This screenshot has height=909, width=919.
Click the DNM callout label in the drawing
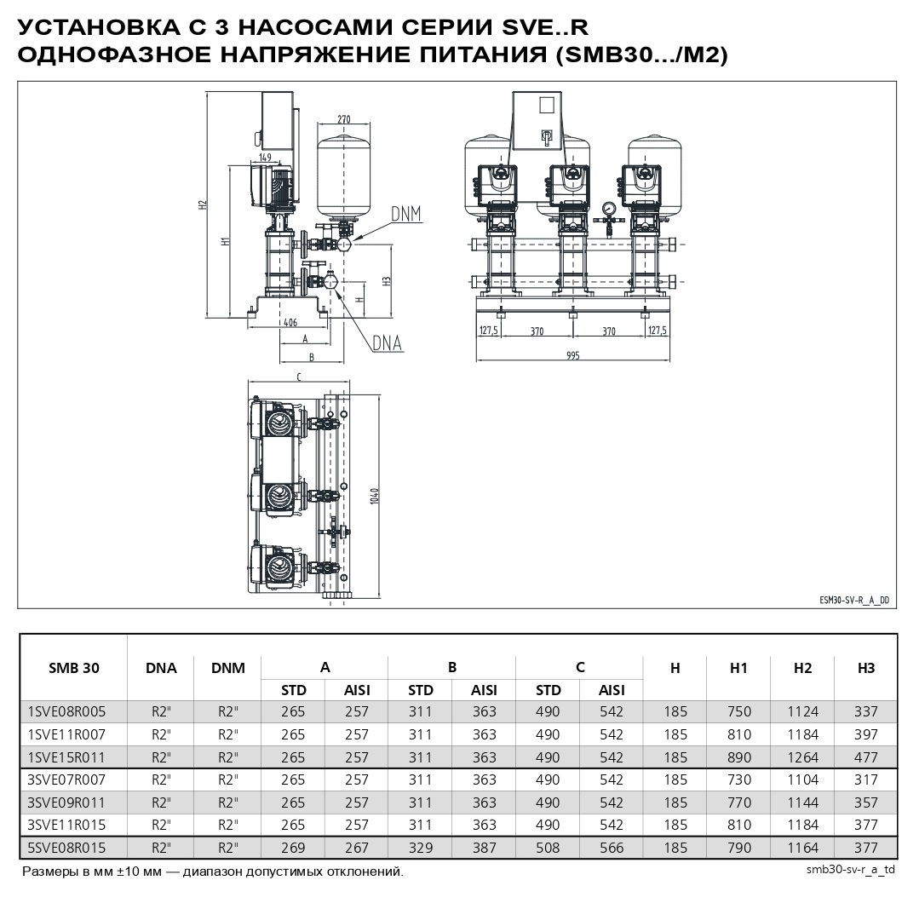click(406, 213)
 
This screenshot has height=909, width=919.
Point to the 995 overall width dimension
click(572, 356)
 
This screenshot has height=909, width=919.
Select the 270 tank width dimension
click(344, 119)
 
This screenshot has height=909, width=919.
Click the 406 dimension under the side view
click(290, 322)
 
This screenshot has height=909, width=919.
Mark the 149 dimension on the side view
click(265, 157)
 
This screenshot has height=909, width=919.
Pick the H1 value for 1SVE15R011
click(738, 757)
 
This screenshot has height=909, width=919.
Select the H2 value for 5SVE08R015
click(802, 848)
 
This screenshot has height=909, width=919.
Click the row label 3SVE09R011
click(66, 803)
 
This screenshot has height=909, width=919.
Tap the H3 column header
click(866, 668)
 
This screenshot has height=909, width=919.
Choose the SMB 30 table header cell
click(73, 668)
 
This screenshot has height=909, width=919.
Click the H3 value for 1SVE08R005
click(866, 711)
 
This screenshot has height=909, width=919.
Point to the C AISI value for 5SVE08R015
click(611, 848)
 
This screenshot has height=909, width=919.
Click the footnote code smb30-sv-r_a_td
click(850, 871)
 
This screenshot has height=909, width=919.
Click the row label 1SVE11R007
click(66, 734)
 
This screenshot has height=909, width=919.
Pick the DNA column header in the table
click(161, 668)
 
